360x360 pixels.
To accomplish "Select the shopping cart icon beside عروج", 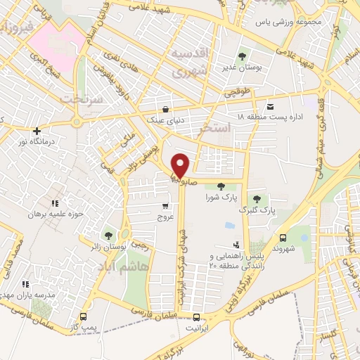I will point(165,207).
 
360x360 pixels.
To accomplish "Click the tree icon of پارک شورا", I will point(221,186).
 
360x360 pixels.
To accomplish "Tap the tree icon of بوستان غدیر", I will point(242,56).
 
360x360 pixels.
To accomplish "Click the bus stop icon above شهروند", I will point(283,238).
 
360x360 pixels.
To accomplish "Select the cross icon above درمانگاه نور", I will point(37,131).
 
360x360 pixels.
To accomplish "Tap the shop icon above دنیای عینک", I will point(165,109).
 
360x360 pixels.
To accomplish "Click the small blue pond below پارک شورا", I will point(229,226).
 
